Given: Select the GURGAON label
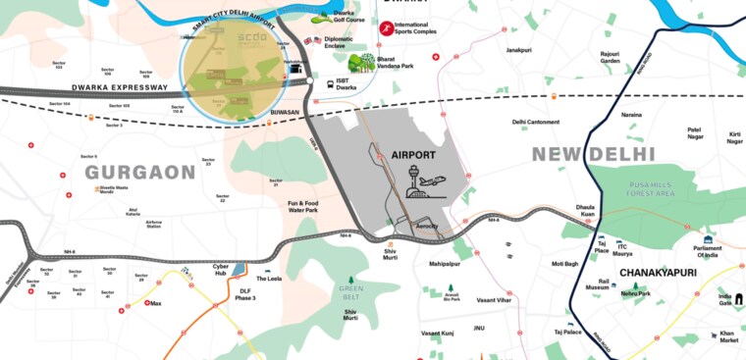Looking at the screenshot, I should click(x=139, y=173).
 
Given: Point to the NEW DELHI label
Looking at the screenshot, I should click(x=593, y=155).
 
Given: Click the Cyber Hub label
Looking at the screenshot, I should click(x=221, y=269).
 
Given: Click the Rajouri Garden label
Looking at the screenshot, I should click(x=610, y=58).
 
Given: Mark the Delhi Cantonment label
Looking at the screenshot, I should click(x=536, y=122).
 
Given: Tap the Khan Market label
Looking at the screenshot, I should click(x=727, y=337).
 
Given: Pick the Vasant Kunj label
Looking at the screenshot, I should click(x=438, y=334).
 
